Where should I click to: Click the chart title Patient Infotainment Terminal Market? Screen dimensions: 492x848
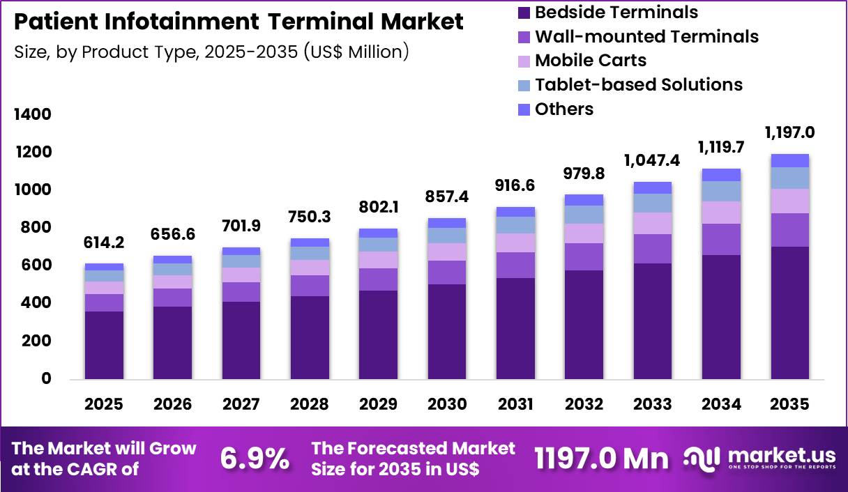[x=238, y=22]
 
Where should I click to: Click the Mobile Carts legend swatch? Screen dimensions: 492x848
[x=524, y=61]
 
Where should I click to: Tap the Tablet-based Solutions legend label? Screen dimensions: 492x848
[x=638, y=84]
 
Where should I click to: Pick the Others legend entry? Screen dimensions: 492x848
[x=563, y=109]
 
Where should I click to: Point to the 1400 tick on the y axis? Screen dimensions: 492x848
[x=33, y=114]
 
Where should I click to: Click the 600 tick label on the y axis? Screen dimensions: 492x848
[x=38, y=266]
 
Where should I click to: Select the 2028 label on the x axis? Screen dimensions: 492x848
[x=310, y=404]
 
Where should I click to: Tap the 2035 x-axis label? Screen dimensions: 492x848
[x=789, y=404]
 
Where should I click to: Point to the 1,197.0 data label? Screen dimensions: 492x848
[x=789, y=132]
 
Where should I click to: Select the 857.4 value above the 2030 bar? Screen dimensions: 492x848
[x=447, y=198]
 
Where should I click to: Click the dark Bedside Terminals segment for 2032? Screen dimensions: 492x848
[x=584, y=325]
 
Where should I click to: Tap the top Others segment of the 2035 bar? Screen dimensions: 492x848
[x=789, y=160]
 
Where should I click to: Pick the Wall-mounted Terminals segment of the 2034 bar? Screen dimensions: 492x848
[x=721, y=239]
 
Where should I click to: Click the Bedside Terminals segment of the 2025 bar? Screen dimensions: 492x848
[x=105, y=345]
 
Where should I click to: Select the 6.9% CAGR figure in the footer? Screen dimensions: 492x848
[x=255, y=458]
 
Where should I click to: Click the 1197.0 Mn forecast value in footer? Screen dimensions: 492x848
[x=600, y=458]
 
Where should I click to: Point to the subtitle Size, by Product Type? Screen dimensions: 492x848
[x=211, y=52]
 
